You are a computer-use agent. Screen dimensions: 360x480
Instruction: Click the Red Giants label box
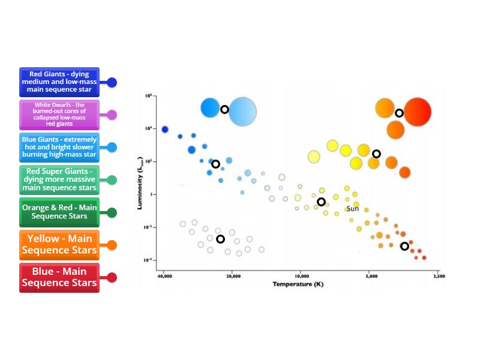tap(59, 82)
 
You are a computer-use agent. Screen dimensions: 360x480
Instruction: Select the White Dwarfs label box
tap(59, 115)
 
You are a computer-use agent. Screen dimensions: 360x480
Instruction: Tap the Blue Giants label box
tap(59, 147)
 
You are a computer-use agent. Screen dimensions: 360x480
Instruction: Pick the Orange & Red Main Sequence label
tap(59, 212)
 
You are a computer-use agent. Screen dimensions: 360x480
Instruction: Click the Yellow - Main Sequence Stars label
tap(59, 245)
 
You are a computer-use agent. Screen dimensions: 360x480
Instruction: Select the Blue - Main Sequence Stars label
tap(59, 277)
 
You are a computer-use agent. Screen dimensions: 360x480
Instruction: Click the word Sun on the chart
tap(353, 209)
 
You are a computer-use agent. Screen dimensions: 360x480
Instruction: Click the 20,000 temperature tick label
tap(233, 276)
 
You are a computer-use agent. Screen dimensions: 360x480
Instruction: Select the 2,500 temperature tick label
tap(439, 276)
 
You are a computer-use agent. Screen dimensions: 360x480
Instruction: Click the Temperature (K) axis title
tap(298, 284)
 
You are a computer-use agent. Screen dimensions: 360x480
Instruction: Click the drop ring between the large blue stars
tap(224, 109)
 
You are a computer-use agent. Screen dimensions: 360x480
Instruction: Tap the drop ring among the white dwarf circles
tap(220, 239)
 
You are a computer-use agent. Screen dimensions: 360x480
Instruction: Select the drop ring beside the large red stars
tap(399, 113)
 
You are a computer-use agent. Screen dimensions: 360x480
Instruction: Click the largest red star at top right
tap(417, 112)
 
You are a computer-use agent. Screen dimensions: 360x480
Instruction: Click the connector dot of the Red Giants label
tap(112, 83)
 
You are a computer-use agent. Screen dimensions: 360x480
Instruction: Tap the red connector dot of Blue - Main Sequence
tap(112, 278)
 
